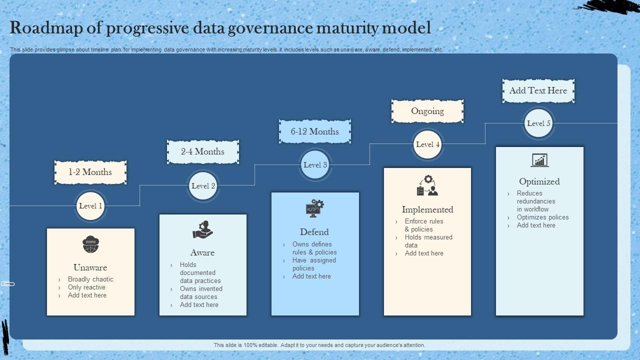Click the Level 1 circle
[x=90, y=206]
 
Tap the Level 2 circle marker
[x=203, y=186]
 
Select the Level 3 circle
[x=315, y=165]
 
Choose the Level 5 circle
[x=538, y=123]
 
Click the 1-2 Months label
[x=90, y=172]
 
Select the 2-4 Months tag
[x=202, y=151]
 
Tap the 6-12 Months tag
[x=315, y=131]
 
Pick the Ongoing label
[x=427, y=111]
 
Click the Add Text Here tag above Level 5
[x=538, y=90]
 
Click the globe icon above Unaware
[x=90, y=244]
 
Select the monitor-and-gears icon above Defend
[x=314, y=208]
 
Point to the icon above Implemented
[x=427, y=185]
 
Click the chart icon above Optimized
[x=539, y=160]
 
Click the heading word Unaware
[x=90, y=267]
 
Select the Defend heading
[x=314, y=232]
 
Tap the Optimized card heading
[x=539, y=181]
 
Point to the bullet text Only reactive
[x=86, y=287]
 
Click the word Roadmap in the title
[x=41, y=28]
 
